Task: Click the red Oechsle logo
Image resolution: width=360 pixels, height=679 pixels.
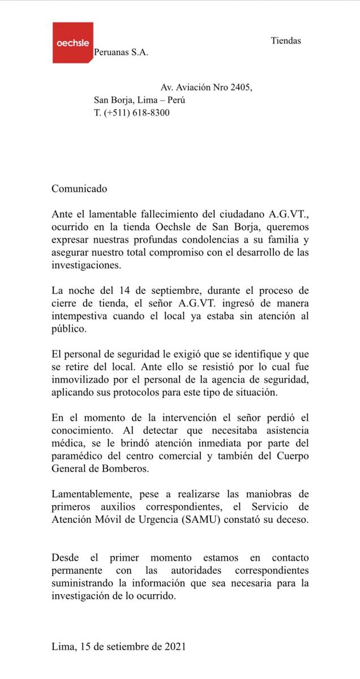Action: click(72, 43)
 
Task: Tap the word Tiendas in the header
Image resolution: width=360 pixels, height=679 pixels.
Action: click(286, 40)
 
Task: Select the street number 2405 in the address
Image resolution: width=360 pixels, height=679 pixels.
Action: click(240, 88)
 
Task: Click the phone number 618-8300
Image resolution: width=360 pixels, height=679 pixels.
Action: click(151, 113)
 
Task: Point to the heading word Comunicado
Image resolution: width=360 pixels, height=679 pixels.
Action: click(79, 189)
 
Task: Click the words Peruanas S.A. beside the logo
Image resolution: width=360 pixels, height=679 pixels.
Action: click(121, 52)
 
